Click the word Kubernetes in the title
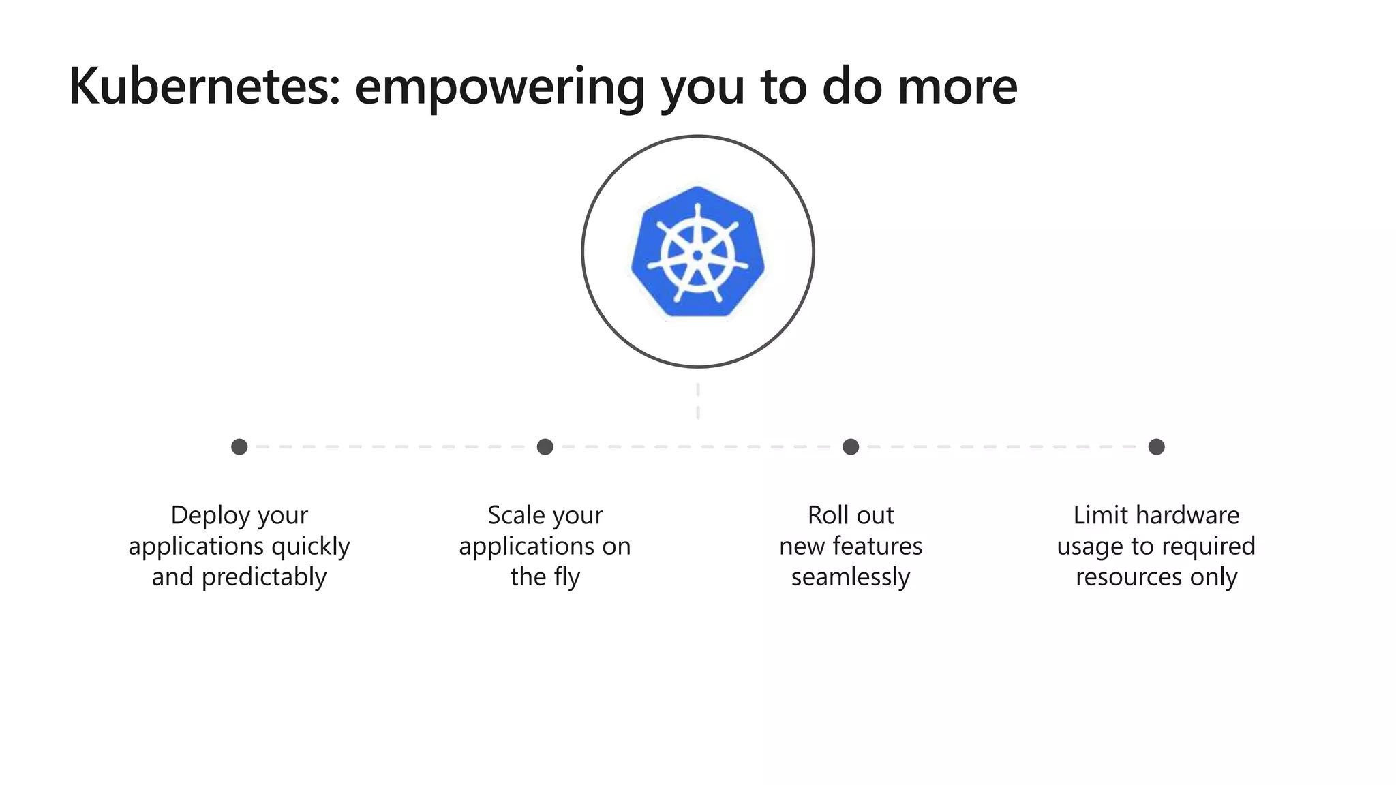click(x=204, y=87)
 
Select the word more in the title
click(x=957, y=87)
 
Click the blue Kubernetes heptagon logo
click(x=697, y=251)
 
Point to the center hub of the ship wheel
click(x=697, y=256)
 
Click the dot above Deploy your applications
click(x=239, y=447)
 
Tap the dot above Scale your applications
click(x=545, y=447)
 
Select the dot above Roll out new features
click(x=851, y=447)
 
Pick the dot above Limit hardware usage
click(x=1156, y=447)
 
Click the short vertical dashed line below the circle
click(x=698, y=401)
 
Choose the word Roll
click(x=826, y=516)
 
